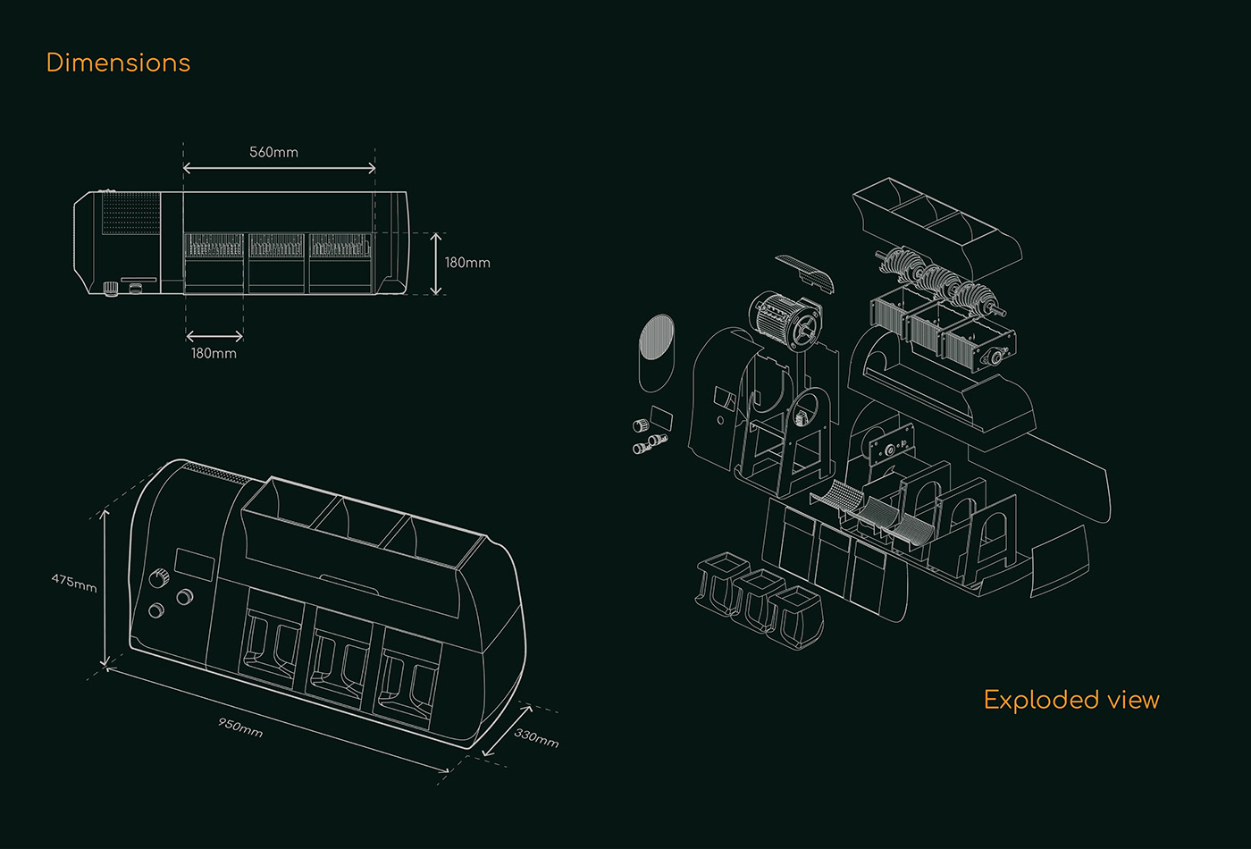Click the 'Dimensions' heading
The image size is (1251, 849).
tap(118, 63)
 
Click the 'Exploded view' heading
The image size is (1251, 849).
tap(1070, 699)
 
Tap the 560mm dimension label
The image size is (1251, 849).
tap(273, 152)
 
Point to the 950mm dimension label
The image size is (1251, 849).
tap(240, 727)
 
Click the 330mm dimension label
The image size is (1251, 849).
tap(537, 736)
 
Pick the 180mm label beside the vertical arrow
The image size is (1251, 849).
tap(467, 263)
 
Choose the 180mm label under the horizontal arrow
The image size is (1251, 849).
tap(214, 353)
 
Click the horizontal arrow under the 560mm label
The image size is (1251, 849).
tap(279, 168)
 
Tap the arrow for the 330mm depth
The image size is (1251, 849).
tap(507, 731)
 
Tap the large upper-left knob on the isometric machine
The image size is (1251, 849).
tap(161, 577)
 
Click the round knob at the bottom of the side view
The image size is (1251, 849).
tap(111, 288)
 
